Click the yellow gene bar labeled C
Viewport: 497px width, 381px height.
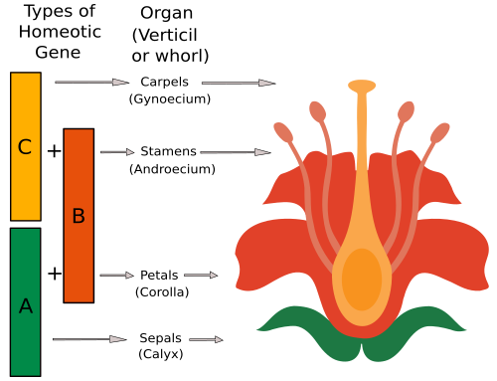26,146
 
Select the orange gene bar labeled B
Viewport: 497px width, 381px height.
79,216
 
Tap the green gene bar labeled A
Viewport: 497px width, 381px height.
26,302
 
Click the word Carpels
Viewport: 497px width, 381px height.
164,83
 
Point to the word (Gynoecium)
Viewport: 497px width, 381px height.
170,98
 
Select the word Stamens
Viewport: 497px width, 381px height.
168,151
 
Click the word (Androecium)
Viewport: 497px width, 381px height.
172,169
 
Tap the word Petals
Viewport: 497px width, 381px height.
159,276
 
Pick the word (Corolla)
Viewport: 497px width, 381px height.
162,292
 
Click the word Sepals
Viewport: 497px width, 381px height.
160,338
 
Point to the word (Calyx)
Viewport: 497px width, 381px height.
161,354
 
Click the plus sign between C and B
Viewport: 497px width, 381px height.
55,151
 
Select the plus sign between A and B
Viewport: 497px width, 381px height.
55,274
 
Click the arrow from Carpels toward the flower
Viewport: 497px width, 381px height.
239,83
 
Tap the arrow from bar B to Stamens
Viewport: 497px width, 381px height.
117,152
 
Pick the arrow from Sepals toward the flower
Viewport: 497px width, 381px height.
206,339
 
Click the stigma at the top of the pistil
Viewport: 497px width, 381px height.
362,86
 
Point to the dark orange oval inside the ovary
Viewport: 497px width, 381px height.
362,280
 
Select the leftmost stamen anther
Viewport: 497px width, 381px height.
283,132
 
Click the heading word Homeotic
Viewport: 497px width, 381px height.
60,32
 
